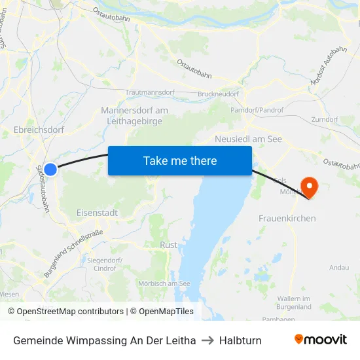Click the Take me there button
pyautogui.click(x=180, y=161)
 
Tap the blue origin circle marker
pyautogui.click(x=50, y=169)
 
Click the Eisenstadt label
pyautogui.click(x=97, y=213)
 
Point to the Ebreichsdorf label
pyautogui.click(x=39, y=130)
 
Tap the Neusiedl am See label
pyautogui.click(x=248, y=139)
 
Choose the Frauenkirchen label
pyautogui.click(x=287, y=218)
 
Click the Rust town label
pyautogui.click(x=168, y=245)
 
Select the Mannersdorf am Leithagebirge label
pyautogui.click(x=134, y=116)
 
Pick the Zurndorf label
pyautogui.click(x=325, y=120)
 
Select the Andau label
pyautogui.click(x=338, y=267)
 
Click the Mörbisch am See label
pyautogui.click(x=164, y=283)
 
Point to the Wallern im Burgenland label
pyautogui.click(x=294, y=302)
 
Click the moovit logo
pyautogui.click(x=321, y=339)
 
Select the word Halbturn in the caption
pyautogui.click(x=240, y=340)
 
